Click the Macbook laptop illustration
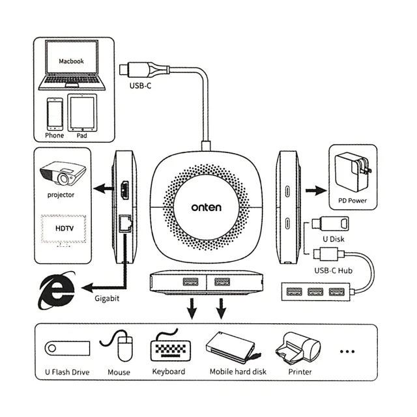tap(72, 65)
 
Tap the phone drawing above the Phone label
tap(55, 114)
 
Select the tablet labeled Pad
tap(82, 113)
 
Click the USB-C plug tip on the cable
tap(124, 70)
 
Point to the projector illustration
tap(63, 173)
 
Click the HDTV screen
tap(64, 229)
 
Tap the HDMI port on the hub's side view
tap(124, 190)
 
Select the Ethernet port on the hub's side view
tap(125, 223)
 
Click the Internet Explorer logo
tap(57, 291)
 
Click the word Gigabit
tap(107, 298)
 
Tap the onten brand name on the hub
tap(206, 207)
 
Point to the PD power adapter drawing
tap(352, 172)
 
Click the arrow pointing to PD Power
tap(316, 190)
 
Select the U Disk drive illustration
tap(330, 223)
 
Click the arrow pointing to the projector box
tap(104, 189)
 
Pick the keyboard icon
tap(170, 348)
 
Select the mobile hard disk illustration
tap(232, 348)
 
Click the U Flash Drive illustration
tap(67, 349)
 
